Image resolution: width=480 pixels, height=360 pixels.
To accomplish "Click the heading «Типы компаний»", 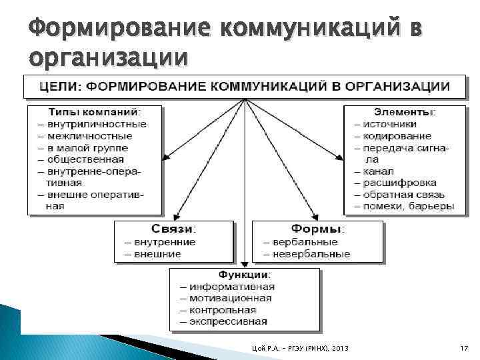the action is [x=93, y=112].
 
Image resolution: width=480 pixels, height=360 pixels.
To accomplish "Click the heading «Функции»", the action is [x=244, y=274].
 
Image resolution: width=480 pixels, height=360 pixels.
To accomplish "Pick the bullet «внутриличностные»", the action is [x=102, y=124].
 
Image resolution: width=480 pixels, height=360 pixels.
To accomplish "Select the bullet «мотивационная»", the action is [x=231, y=298].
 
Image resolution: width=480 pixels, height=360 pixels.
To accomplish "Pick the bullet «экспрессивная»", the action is [x=228, y=321].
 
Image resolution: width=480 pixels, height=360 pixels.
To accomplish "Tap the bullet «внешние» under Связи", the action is [x=157, y=254].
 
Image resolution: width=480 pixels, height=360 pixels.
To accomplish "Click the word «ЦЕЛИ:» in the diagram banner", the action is [x=61, y=87].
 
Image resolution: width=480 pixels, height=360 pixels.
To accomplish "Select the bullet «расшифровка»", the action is [x=400, y=183].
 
